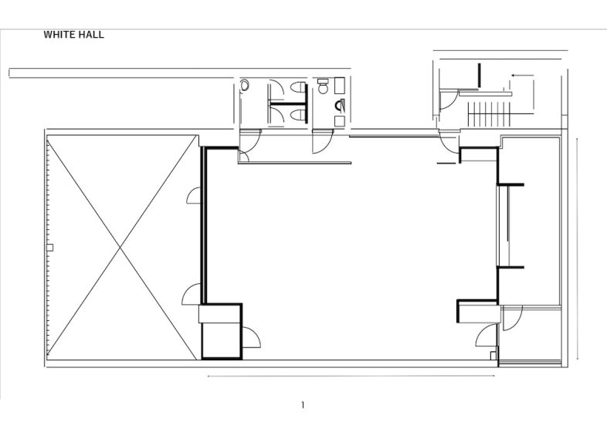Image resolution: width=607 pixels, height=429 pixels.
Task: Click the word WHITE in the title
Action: (59, 35)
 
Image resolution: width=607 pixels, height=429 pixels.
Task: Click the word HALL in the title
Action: (90, 35)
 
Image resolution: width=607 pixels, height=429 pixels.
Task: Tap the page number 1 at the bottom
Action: (303, 405)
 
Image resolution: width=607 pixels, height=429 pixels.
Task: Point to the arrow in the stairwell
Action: (522, 76)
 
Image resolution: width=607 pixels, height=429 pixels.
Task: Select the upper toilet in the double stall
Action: (297, 89)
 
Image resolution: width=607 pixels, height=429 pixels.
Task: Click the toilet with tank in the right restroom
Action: (338, 104)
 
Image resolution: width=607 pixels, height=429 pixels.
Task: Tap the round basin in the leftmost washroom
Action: (245, 87)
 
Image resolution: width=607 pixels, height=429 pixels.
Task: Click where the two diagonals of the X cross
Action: (120, 247)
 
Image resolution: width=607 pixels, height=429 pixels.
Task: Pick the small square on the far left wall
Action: (50, 247)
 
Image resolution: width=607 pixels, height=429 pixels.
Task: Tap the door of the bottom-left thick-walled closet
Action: (251, 337)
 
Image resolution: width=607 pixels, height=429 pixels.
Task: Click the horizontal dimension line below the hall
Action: (351, 377)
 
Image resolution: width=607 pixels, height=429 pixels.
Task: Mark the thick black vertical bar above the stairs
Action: (480, 75)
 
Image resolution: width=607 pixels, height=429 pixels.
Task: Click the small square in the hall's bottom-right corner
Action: (493, 355)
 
